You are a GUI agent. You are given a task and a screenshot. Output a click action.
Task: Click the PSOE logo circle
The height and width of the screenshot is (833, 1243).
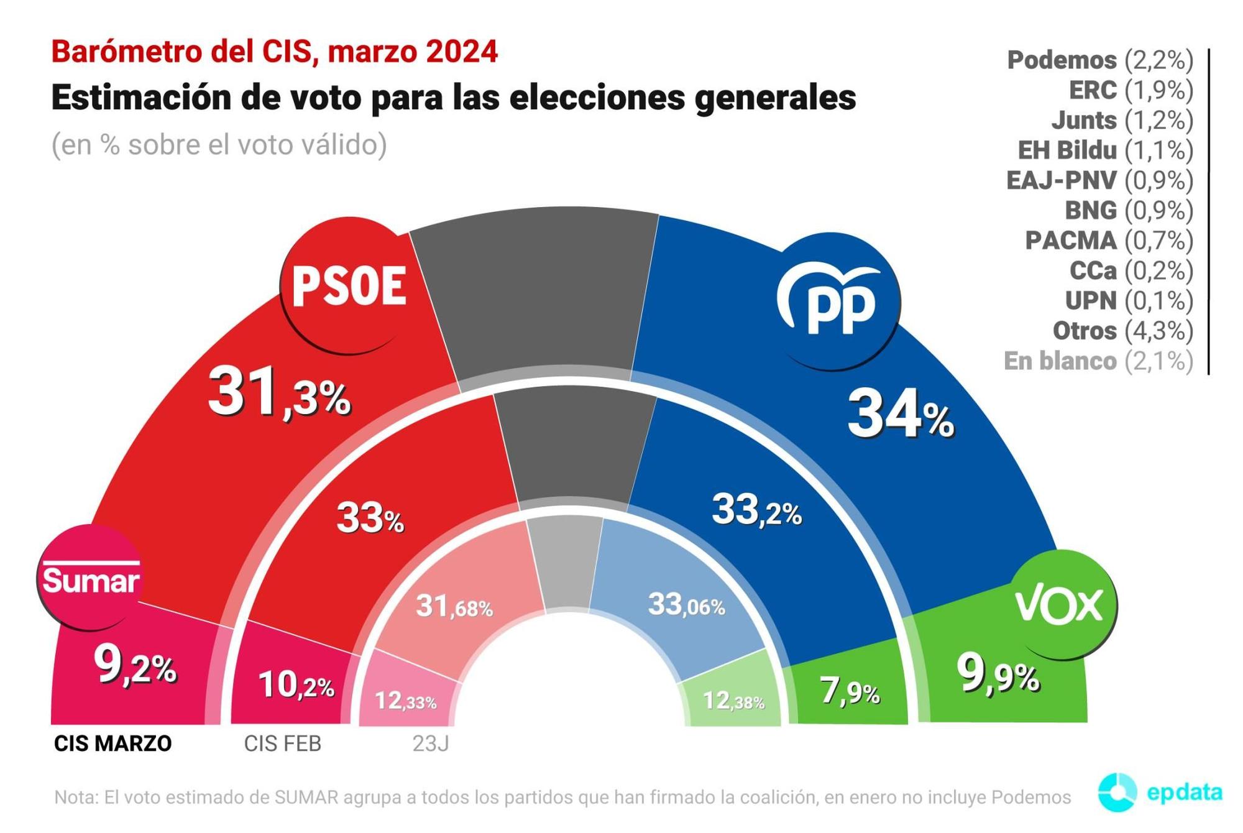(349, 285)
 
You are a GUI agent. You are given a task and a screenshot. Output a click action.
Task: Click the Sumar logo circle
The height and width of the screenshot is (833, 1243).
(91, 578)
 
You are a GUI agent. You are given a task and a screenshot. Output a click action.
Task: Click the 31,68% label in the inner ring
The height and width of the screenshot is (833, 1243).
(454, 607)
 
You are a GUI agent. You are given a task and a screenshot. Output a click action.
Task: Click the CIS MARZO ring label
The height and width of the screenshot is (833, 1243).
(112, 743)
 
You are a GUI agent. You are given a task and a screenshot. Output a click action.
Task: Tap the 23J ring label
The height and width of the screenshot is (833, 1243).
(430, 743)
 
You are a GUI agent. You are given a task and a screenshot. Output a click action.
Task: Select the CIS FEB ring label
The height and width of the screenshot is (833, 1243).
(282, 743)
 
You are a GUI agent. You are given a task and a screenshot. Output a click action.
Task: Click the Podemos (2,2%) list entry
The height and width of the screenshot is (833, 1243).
(1099, 60)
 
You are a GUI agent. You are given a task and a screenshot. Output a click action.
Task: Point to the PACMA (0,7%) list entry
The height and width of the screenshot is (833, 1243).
(1109, 241)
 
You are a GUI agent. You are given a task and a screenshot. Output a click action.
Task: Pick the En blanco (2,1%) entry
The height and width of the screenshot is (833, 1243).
(1098, 361)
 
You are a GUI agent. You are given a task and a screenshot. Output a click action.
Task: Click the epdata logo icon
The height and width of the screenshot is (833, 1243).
(1117, 793)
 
